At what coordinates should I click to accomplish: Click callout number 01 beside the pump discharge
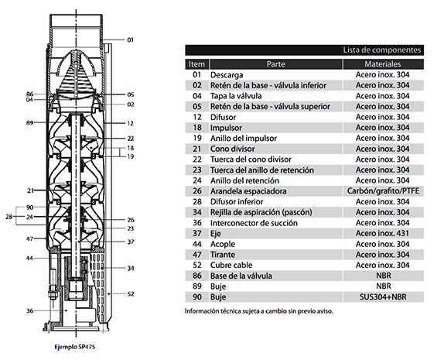coord(130,40)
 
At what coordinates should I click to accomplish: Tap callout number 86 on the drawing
coord(29,94)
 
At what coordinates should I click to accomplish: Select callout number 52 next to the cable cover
coord(130,294)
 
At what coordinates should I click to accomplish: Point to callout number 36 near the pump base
coord(29,310)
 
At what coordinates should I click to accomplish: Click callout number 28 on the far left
coord(9,217)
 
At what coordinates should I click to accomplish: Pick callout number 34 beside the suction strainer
coord(130,268)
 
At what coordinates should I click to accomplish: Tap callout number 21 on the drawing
coord(31,190)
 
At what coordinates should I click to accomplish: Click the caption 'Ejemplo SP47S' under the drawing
coord(75,347)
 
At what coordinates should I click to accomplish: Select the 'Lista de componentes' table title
coord(382,50)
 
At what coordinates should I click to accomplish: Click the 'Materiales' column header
coord(383,64)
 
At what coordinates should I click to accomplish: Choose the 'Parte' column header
coord(275,64)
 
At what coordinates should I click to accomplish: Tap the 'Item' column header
coord(196,64)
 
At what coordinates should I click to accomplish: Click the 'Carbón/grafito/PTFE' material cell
coord(383,191)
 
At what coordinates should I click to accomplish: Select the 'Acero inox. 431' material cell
coord(383,233)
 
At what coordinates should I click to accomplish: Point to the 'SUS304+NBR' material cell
coord(383,297)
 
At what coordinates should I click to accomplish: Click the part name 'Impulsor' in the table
coord(226,128)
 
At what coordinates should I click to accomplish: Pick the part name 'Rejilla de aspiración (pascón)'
coord(261,212)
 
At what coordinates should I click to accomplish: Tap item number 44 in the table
coord(197,244)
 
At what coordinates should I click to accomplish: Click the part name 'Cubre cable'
coord(231,265)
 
